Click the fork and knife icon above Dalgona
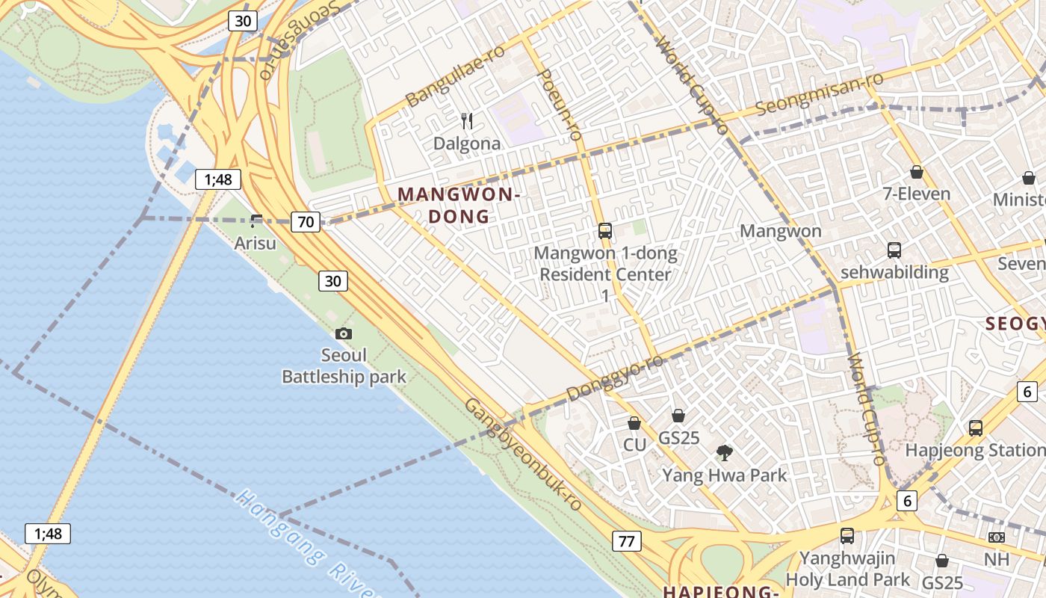pos(467,121)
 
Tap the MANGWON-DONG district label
pos(459,206)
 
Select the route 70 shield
pos(306,221)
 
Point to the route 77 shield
pos(626,541)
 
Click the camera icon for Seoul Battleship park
pos(344,334)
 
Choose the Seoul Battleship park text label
pos(344,366)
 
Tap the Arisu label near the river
pos(255,243)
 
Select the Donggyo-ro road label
pos(614,377)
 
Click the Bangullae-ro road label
pos(454,75)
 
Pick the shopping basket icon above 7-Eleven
pos(917,173)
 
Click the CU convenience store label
pos(634,444)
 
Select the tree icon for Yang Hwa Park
pos(724,452)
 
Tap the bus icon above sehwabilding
pos(894,250)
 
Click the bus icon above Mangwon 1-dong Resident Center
pos(605,231)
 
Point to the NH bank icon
pos(996,537)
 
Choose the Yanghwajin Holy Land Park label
pos(847,569)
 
